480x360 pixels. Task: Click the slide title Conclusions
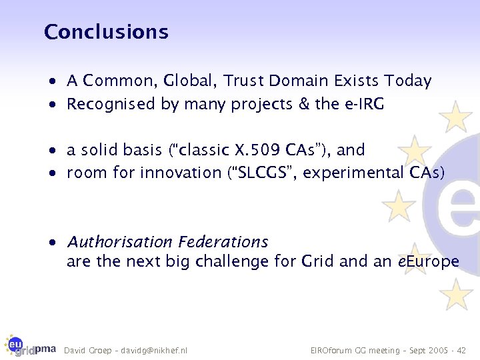point(106,31)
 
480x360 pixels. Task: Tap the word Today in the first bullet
point(407,81)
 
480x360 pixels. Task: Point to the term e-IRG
point(363,104)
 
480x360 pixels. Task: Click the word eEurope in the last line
point(428,261)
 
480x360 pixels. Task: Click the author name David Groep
point(87,350)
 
